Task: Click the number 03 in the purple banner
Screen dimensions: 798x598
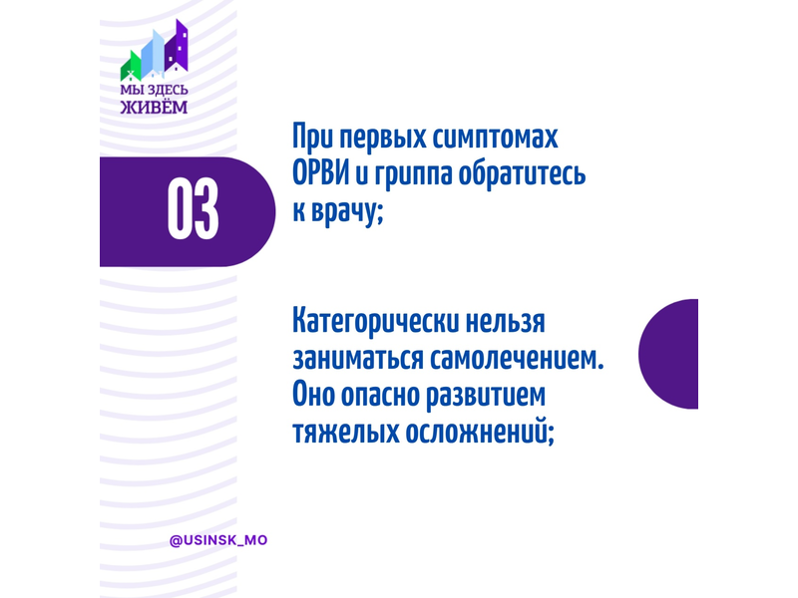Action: point(193,208)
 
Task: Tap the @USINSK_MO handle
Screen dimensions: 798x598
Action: point(218,540)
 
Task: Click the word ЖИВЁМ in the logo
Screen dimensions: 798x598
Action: point(154,107)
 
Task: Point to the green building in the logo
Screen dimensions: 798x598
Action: point(131,67)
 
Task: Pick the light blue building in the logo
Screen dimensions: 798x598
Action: point(153,53)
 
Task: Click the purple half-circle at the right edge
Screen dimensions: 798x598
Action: point(668,354)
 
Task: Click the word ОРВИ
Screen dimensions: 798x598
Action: point(321,173)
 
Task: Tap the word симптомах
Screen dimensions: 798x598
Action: point(495,139)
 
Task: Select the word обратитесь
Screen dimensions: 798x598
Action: point(522,173)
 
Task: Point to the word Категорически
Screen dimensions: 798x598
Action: point(376,322)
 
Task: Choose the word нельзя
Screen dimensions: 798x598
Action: point(506,322)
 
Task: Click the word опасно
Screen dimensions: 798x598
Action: point(380,396)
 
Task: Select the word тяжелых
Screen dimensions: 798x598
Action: point(345,433)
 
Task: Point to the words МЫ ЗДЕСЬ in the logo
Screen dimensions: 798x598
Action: point(154,90)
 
